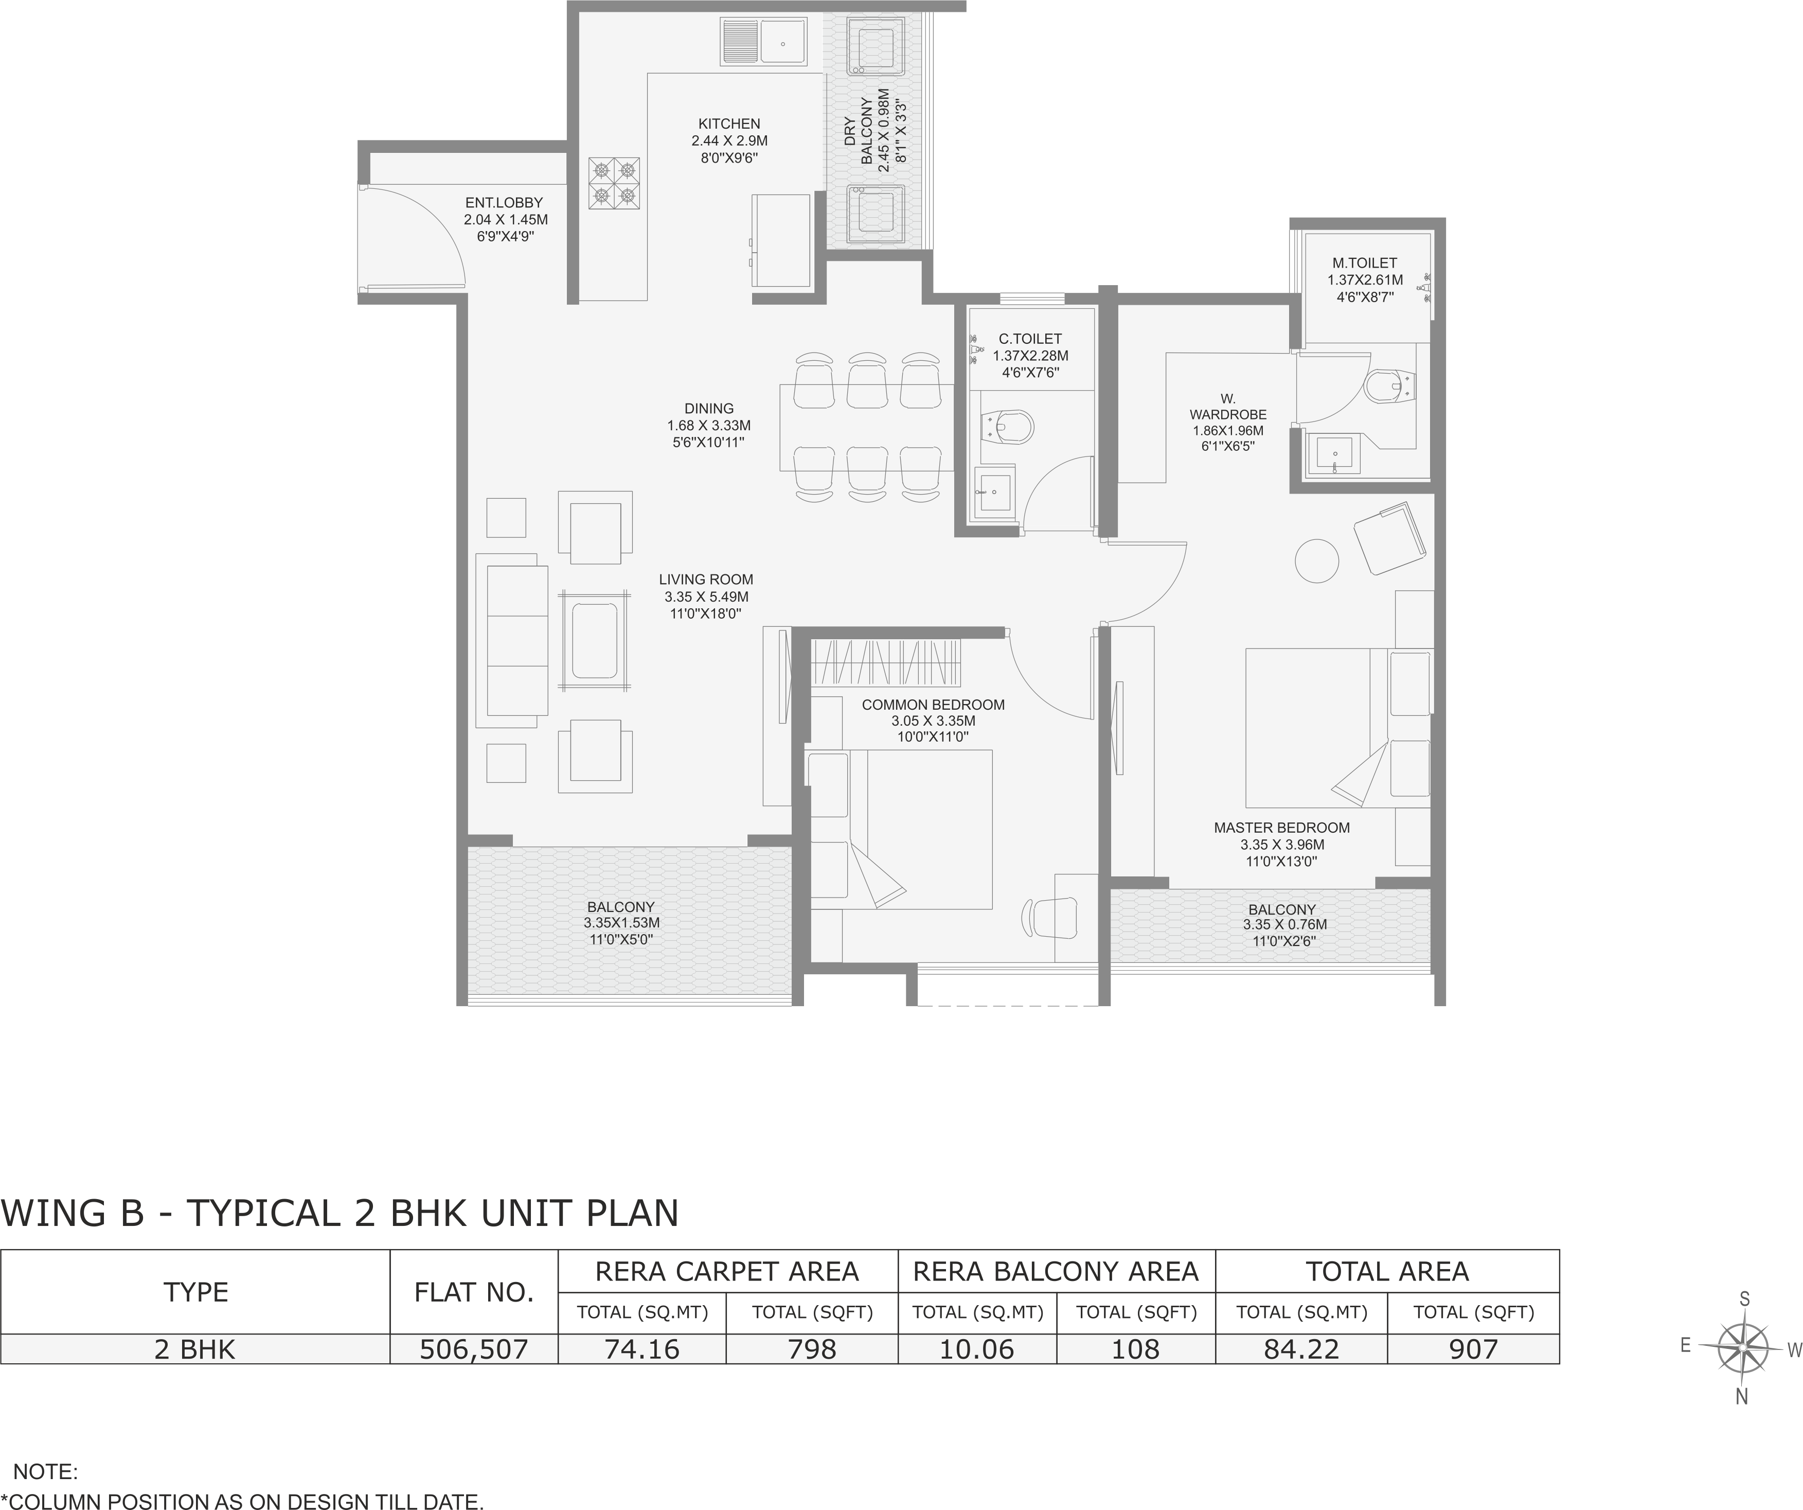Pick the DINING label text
click(x=709, y=409)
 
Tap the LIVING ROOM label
click(x=706, y=580)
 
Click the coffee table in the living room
click(x=594, y=640)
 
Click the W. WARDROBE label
click(x=1228, y=406)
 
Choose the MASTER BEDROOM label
click(x=1282, y=828)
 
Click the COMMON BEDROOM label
click(x=933, y=705)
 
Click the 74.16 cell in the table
click(x=642, y=1349)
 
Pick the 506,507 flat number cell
click(x=474, y=1349)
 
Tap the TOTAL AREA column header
click(x=1387, y=1271)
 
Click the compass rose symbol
click(x=1744, y=1348)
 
